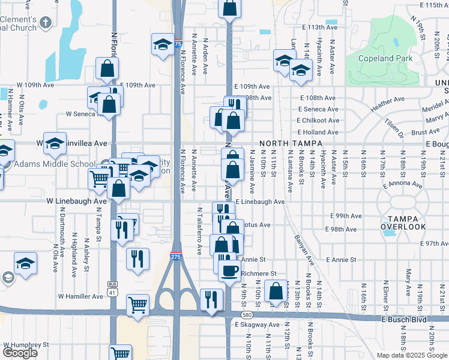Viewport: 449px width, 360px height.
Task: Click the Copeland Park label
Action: pyautogui.click(x=385, y=59)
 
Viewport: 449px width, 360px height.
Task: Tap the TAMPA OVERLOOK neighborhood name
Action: pyautogui.click(x=403, y=222)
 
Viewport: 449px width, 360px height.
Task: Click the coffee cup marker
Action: pyautogui.click(x=229, y=269)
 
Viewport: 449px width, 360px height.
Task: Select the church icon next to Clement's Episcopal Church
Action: pyautogui.click(x=46, y=22)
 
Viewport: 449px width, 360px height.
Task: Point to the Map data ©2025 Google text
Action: pyautogui.click(x=412, y=355)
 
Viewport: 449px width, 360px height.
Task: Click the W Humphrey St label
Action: pyautogui.click(x=26, y=345)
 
